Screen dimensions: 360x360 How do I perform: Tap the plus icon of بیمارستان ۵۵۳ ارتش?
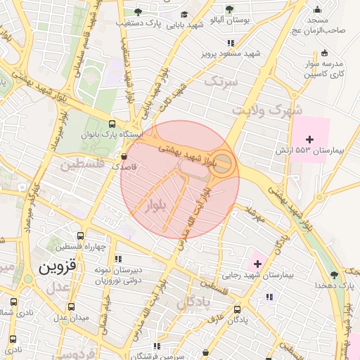coord(310,140)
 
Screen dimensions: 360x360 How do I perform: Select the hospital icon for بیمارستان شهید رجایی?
coord(257,264)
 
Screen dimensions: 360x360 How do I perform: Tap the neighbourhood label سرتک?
coord(222,82)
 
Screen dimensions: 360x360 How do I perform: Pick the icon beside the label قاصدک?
coord(124,156)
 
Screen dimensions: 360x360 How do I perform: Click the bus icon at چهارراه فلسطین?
coord(82,236)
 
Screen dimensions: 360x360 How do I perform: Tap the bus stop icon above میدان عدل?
coord(71,307)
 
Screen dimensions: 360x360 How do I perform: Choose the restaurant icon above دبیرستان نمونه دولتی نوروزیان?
coord(119,258)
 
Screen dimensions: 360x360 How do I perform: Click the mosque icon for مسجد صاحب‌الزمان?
coord(319,10)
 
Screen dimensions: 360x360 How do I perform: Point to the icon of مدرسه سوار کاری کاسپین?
coord(323,53)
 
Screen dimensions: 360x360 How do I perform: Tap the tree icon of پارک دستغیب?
coord(139,12)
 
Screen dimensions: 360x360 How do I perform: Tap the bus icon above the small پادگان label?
coord(238,309)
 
